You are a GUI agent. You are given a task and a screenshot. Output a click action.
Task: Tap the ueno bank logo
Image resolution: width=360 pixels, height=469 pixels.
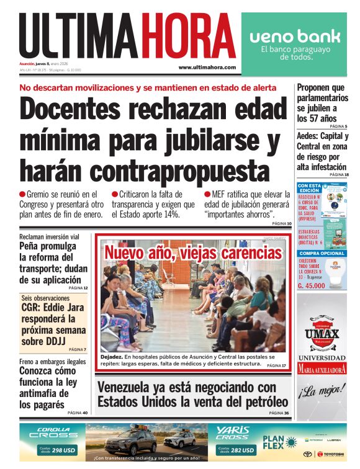point(294,37)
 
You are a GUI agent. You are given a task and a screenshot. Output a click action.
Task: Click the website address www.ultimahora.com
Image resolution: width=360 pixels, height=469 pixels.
point(207,67)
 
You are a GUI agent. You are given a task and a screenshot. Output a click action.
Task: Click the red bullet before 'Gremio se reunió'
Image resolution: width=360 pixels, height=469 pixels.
point(22,195)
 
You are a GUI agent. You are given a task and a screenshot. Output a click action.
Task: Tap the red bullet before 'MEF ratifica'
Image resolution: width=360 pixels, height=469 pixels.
point(207,195)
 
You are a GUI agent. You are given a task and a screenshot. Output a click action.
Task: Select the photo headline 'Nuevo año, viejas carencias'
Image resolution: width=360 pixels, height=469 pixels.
point(193,253)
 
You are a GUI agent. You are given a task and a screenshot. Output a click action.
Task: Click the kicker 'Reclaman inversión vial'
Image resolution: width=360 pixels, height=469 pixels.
point(49,237)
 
